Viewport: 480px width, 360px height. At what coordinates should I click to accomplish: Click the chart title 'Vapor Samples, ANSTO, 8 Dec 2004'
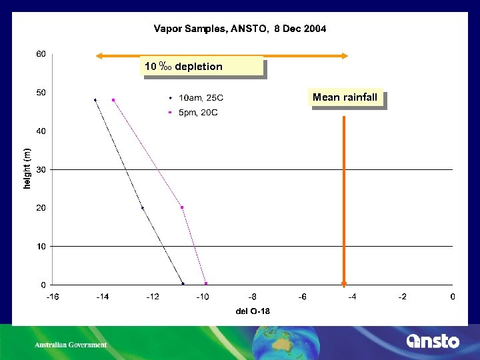click(240, 29)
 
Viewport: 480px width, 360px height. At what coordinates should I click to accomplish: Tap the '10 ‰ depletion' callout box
click(203, 67)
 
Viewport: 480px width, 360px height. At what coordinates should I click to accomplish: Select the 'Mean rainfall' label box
click(345, 98)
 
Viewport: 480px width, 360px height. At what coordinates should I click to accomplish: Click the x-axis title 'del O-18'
click(253, 311)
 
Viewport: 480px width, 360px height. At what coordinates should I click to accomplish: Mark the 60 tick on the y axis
click(41, 54)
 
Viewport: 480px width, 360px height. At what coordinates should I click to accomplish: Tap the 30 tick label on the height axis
click(41, 169)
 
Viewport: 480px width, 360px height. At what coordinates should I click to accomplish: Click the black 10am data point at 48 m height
click(95, 100)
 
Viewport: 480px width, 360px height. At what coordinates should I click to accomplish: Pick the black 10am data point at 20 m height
click(142, 208)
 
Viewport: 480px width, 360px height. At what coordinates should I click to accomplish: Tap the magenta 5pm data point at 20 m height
click(181, 207)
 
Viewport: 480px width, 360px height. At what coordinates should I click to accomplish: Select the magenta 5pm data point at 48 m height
click(113, 100)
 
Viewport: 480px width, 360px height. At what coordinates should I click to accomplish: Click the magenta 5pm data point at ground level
click(206, 283)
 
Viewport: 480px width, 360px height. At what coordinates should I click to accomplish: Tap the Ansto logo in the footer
click(433, 341)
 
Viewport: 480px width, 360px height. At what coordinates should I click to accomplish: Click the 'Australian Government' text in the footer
click(71, 345)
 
